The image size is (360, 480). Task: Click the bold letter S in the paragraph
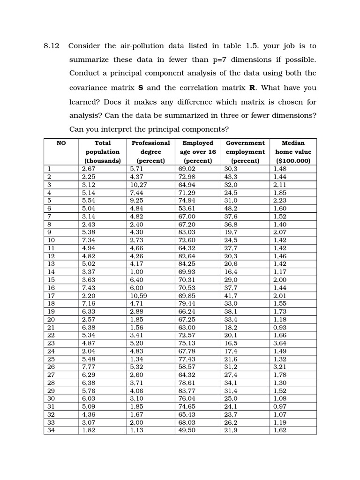[140, 88]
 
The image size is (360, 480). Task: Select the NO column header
[61, 143]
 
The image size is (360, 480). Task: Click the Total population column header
[103, 151]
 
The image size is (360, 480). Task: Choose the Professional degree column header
[150, 151]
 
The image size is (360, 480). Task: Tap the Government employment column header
[245, 151]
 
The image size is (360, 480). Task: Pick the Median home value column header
[293, 151]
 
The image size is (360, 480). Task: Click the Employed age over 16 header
[198, 151]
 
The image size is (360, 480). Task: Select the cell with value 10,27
[139, 185]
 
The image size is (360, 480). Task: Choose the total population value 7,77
[89, 366]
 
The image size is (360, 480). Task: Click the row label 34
[51, 430]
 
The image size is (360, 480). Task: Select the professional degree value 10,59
[139, 296]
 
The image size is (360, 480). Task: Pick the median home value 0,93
[280, 328]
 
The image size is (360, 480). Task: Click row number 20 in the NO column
[51, 319]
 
